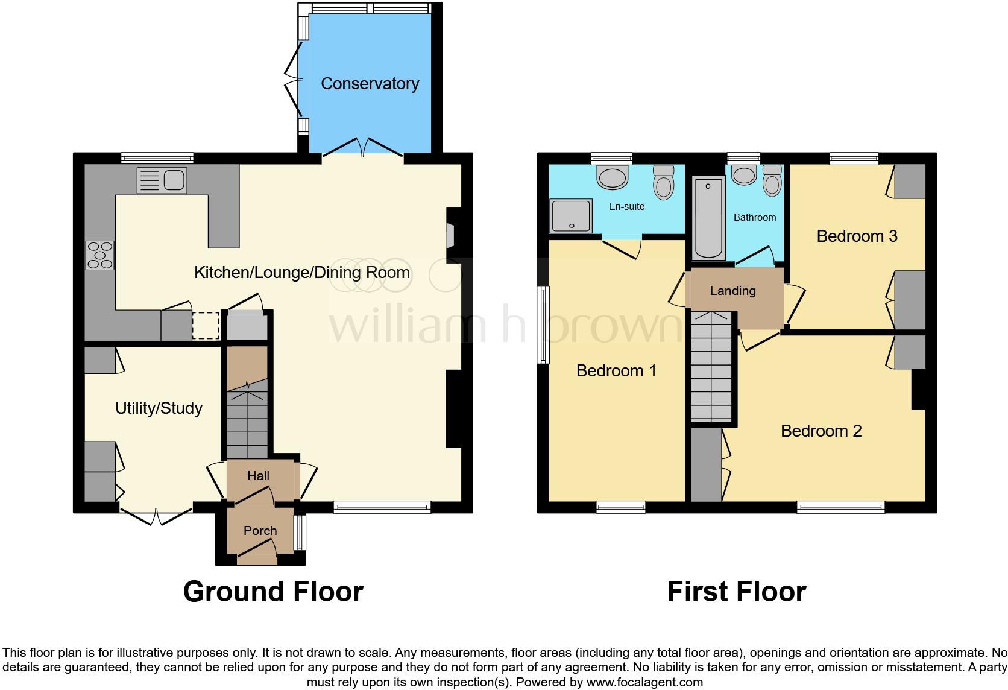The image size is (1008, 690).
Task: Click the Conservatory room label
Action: (370, 84)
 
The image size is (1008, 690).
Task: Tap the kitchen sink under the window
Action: (162, 180)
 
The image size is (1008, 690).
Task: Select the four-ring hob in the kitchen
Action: (100, 255)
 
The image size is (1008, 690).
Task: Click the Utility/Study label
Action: (159, 408)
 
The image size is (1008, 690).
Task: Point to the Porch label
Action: (260, 531)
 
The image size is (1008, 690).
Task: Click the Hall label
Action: (258, 476)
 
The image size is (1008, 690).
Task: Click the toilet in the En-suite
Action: (663, 181)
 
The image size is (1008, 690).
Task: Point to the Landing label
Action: (732, 291)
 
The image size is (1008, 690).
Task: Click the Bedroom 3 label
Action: (857, 236)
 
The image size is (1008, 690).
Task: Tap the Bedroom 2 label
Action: (821, 431)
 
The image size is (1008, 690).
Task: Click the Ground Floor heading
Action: (273, 592)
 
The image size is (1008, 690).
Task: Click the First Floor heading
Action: (736, 592)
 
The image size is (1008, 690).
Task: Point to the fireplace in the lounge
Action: (451, 235)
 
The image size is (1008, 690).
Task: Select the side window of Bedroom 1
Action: (543, 324)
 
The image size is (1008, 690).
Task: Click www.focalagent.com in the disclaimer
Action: (644, 683)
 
